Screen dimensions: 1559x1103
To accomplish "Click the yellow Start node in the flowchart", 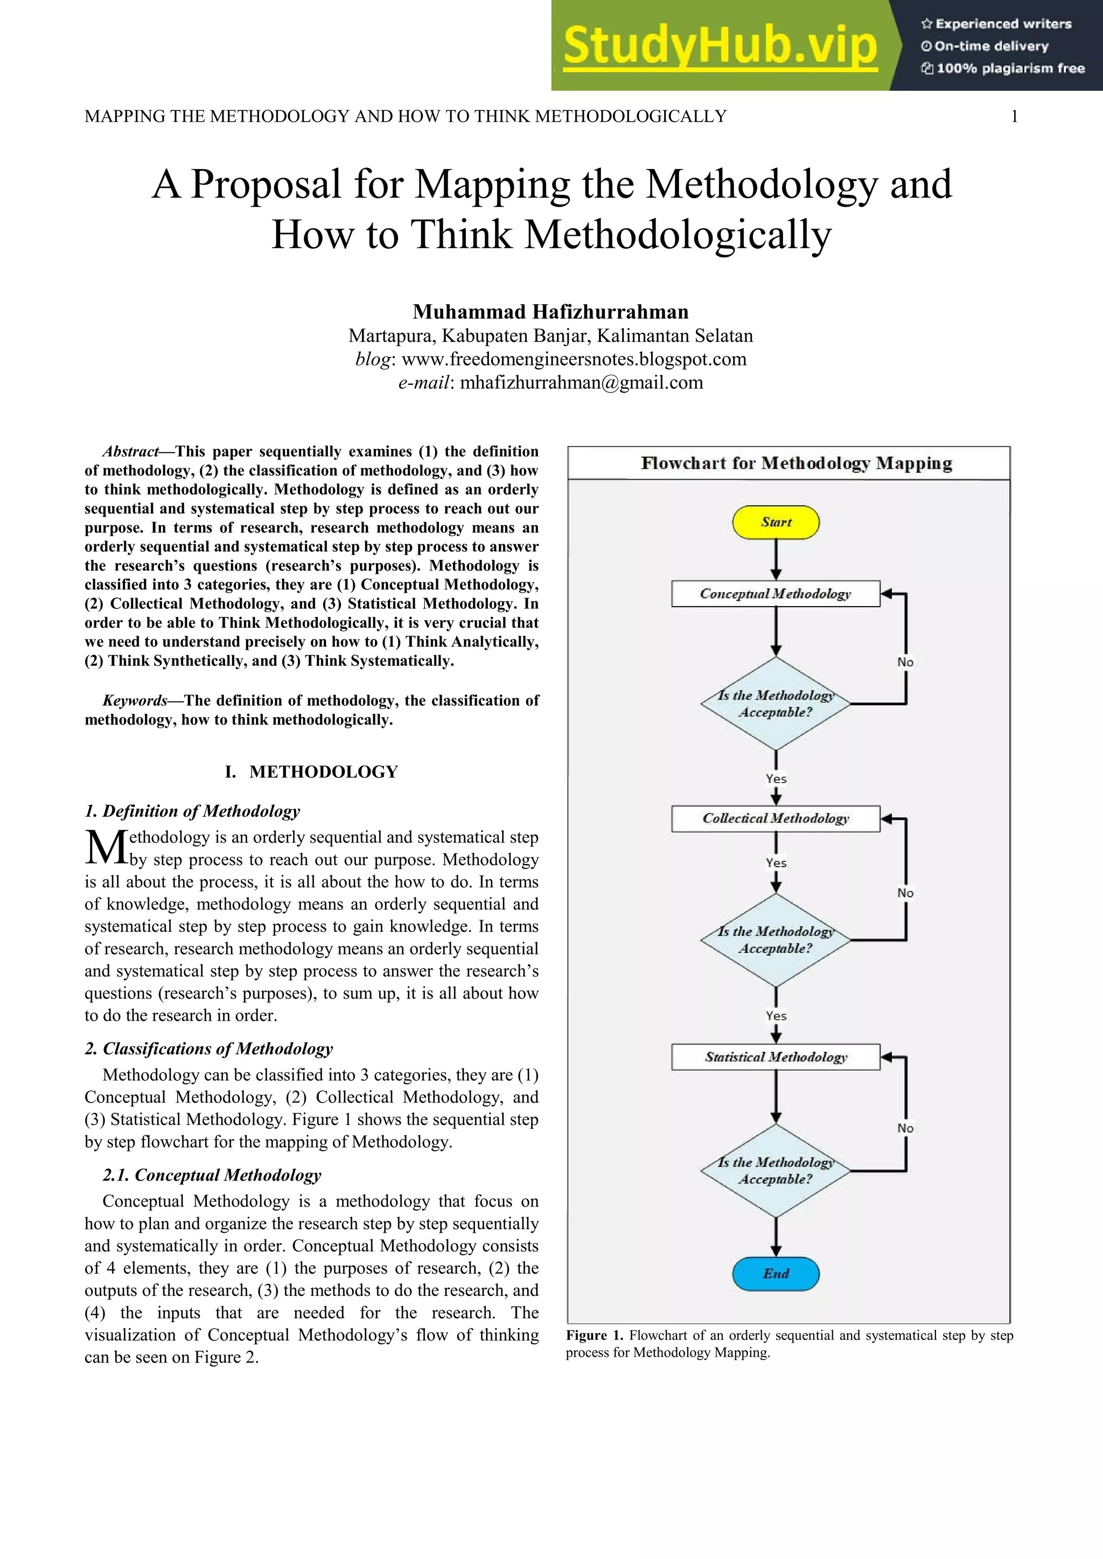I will (x=776, y=522).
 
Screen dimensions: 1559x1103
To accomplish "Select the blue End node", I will (x=776, y=1273).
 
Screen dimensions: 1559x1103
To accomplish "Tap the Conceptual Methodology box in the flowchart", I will (x=775, y=593).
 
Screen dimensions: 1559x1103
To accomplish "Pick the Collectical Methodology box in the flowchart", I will (x=775, y=818).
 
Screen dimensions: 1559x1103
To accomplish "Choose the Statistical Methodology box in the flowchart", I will (x=775, y=1057).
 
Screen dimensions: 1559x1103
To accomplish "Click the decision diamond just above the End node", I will (x=775, y=1171).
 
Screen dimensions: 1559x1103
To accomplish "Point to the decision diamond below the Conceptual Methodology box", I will (x=775, y=704).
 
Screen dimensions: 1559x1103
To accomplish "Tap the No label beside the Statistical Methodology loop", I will (x=905, y=1128).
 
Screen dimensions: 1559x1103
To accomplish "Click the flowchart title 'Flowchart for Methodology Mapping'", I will (x=796, y=463).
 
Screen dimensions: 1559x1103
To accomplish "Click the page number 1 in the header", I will (x=1014, y=117).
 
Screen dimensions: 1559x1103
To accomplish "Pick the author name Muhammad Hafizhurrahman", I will (x=551, y=312).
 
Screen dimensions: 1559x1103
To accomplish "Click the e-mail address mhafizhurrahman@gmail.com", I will (x=581, y=382).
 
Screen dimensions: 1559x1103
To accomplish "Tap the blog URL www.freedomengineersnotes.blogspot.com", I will (x=574, y=359).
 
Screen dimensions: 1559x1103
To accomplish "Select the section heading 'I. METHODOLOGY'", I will (x=311, y=771).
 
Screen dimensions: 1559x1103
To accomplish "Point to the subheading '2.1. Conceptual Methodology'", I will (x=212, y=1175).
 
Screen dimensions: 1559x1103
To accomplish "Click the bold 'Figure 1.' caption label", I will (x=594, y=1335).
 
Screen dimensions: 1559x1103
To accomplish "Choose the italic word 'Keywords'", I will (x=135, y=700).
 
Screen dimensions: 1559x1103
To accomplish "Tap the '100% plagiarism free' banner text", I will (x=1010, y=68).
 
